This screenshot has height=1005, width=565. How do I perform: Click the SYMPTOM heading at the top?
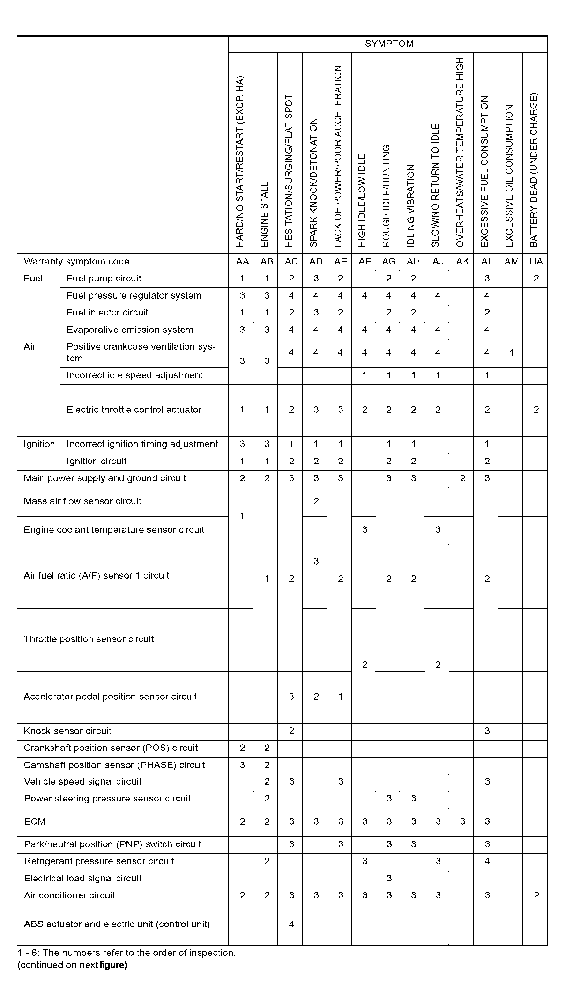click(389, 44)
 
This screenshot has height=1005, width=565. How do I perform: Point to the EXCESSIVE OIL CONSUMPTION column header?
click(510, 176)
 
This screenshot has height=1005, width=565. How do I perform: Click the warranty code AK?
click(462, 262)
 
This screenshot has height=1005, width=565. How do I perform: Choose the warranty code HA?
click(535, 262)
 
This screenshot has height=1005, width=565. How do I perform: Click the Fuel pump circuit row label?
click(104, 279)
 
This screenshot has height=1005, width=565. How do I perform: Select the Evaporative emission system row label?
click(130, 330)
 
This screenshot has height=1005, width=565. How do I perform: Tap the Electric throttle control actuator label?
click(134, 410)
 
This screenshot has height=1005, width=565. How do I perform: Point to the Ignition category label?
click(39, 444)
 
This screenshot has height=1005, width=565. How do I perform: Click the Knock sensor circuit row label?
click(67, 731)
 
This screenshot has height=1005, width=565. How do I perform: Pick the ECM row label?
click(35, 822)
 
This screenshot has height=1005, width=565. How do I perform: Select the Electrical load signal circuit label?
click(83, 878)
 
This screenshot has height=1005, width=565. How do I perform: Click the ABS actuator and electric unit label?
click(117, 924)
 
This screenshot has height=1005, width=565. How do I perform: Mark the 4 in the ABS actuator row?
click(291, 924)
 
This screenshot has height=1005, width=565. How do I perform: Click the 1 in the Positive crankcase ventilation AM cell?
click(511, 352)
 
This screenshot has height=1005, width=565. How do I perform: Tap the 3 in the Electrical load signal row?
click(389, 879)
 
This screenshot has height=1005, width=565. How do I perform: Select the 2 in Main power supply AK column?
click(462, 478)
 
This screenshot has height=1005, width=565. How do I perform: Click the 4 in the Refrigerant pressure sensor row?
click(487, 861)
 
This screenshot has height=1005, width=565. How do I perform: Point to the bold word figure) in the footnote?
click(113, 965)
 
